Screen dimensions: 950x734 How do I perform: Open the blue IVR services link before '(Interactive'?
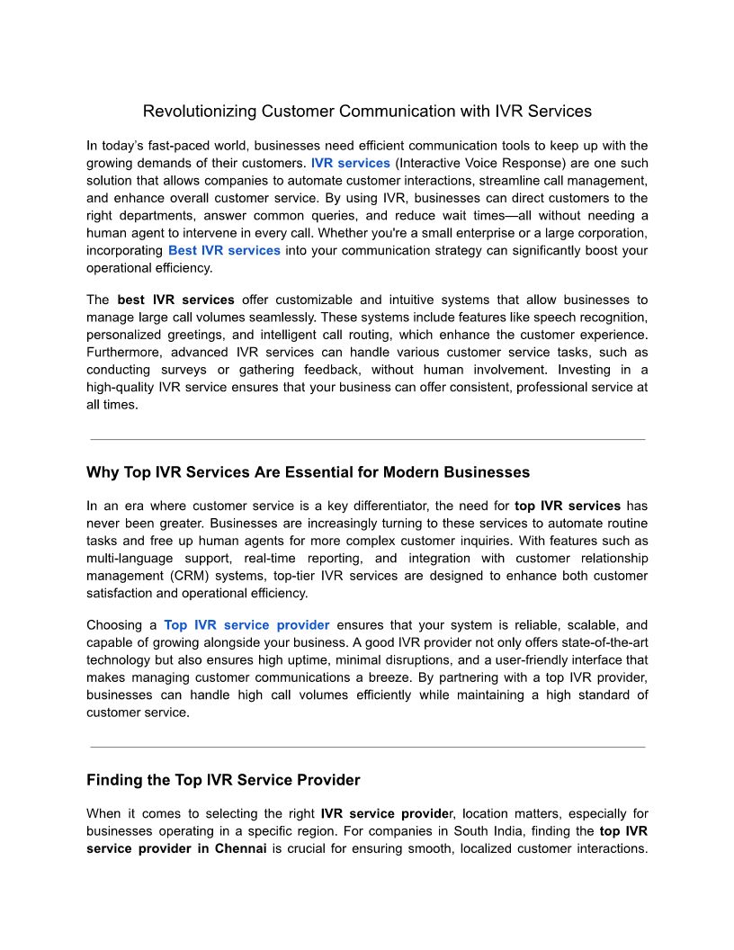(351, 164)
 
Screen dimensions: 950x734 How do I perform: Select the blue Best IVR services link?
(224, 250)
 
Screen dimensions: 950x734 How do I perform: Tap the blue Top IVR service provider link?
(246, 625)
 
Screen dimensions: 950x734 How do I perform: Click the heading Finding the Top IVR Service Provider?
(223, 779)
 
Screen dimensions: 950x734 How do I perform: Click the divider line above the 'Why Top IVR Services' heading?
(368, 439)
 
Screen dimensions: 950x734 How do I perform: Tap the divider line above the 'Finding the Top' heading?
(368, 747)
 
